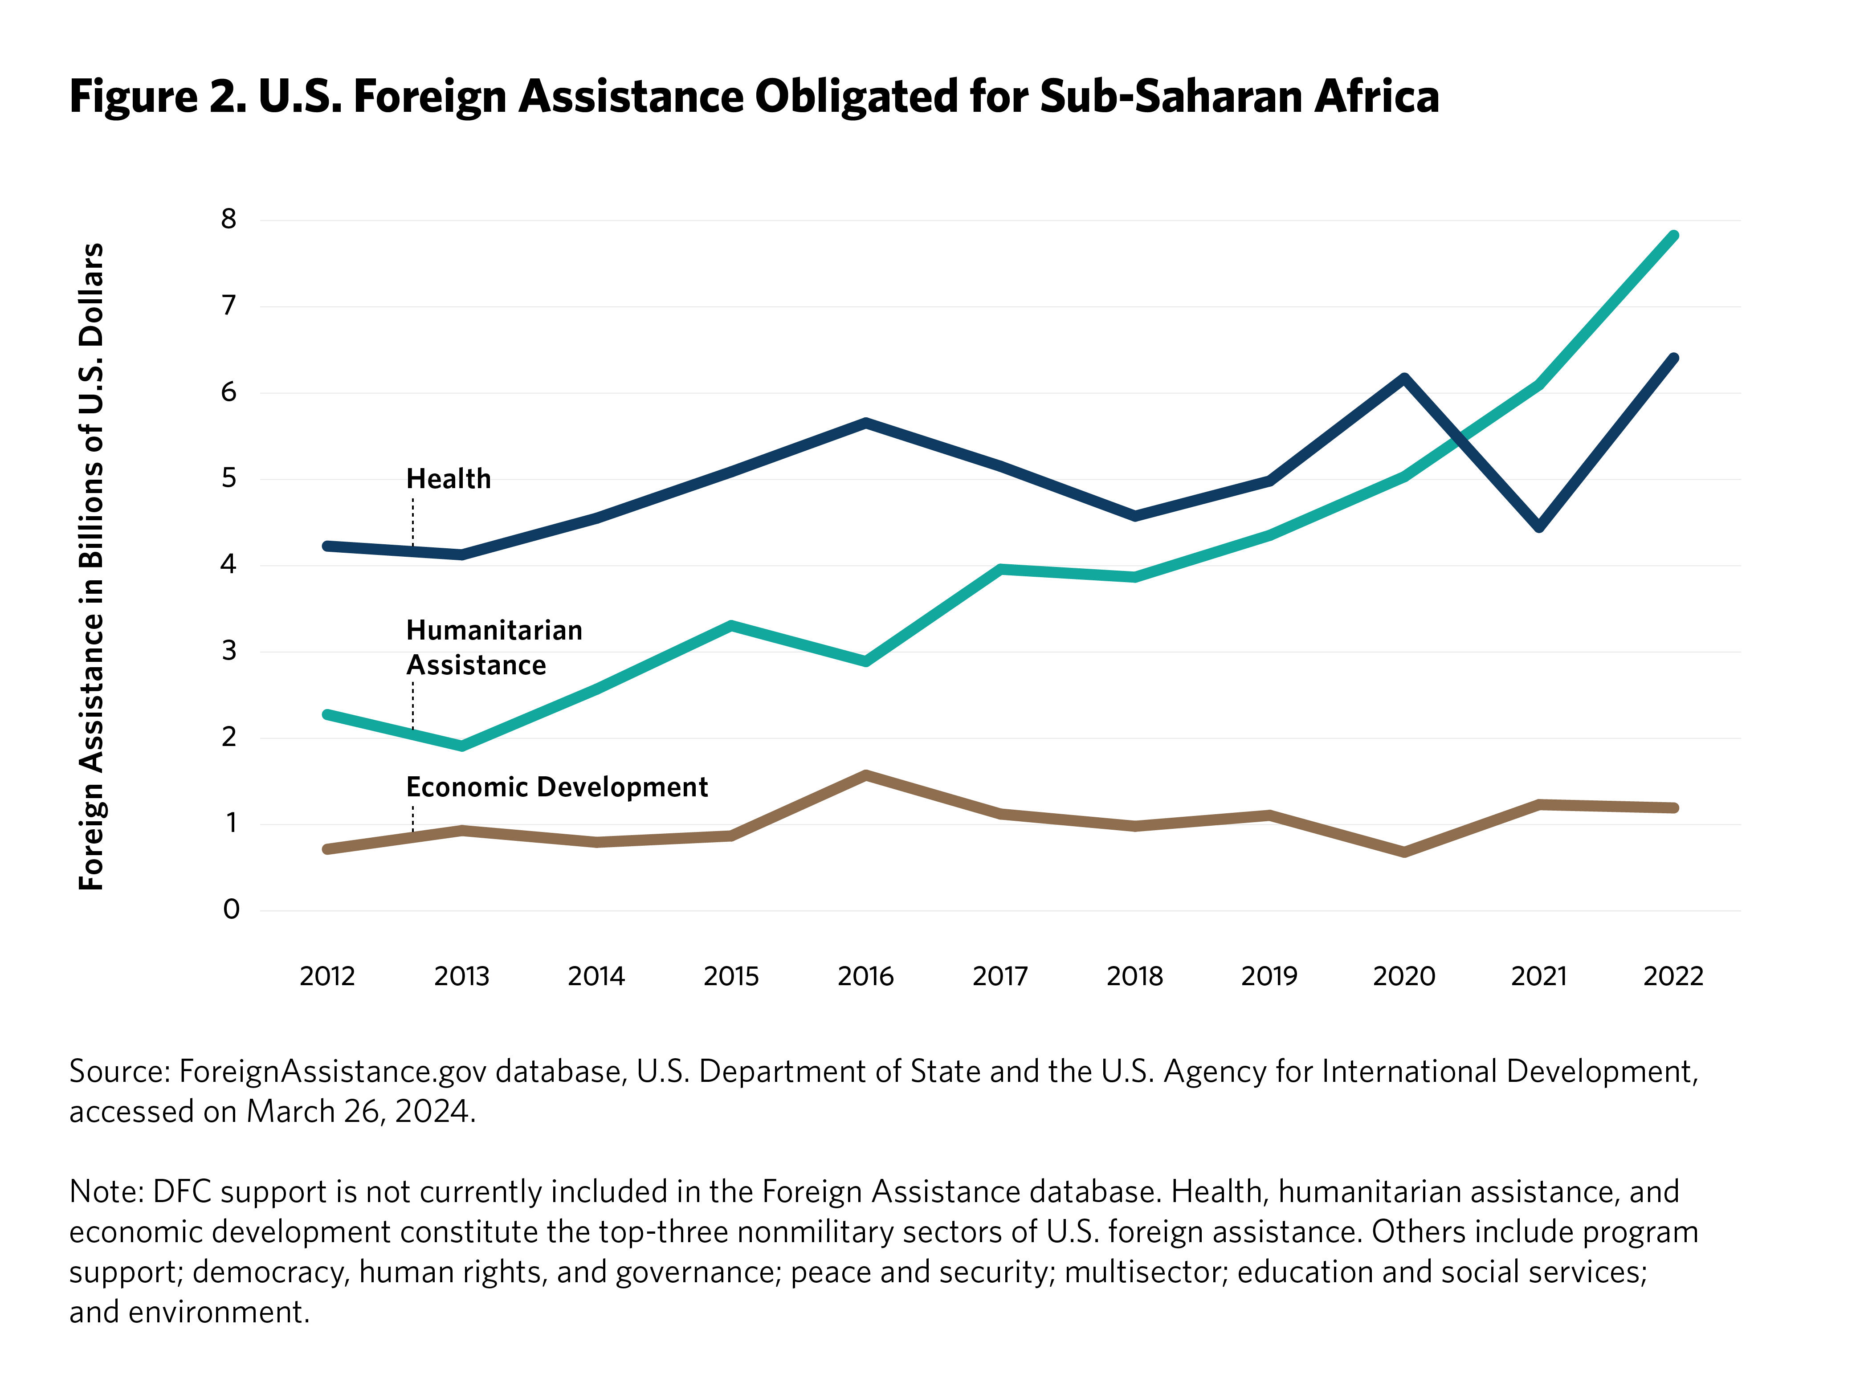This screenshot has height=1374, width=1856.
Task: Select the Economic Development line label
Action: click(x=556, y=787)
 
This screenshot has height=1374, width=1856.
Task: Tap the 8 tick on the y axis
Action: click(x=228, y=220)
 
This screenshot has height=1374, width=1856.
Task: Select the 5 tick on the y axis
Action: click(x=228, y=478)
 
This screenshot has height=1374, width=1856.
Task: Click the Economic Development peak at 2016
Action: click(x=865, y=775)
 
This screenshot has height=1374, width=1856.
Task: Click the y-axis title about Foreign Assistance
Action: click(x=91, y=566)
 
